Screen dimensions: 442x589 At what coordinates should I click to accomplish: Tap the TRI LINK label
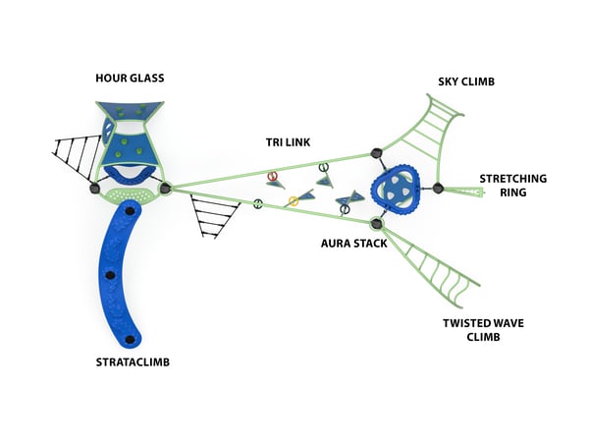click(x=288, y=142)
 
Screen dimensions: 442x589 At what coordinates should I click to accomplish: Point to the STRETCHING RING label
click(x=513, y=185)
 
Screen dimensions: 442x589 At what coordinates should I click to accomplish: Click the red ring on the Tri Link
click(x=273, y=175)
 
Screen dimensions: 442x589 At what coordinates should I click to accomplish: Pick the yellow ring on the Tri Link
click(x=292, y=201)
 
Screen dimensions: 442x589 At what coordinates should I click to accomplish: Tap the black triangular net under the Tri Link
click(x=214, y=216)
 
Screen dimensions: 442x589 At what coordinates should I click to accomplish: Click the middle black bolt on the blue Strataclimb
click(x=110, y=274)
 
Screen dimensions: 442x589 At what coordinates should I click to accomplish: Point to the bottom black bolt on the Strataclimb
click(x=130, y=340)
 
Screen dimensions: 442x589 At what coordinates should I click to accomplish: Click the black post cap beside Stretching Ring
click(x=439, y=188)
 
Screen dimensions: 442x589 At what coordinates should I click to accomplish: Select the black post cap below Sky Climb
click(x=375, y=153)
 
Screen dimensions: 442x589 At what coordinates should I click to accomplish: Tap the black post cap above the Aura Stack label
click(x=376, y=224)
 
